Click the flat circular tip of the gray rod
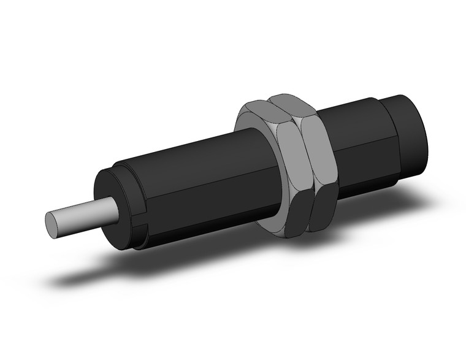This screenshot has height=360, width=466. [x=56, y=224]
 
